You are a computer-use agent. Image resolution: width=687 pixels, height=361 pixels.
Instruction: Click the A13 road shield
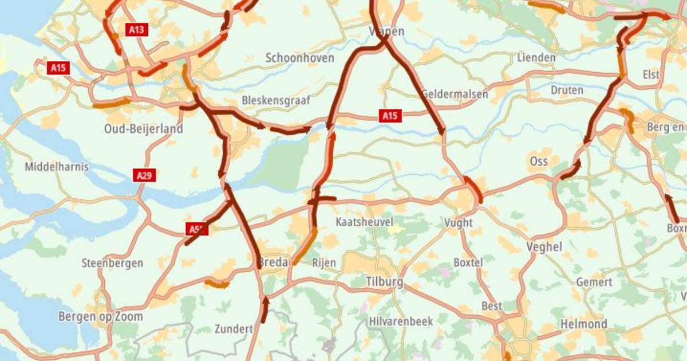tap(136, 29)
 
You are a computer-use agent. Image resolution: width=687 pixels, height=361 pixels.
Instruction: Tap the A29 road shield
tap(145, 175)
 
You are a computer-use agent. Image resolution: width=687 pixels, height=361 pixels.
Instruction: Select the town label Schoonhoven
tap(299, 58)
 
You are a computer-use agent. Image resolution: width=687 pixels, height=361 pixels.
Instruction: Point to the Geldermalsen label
tap(455, 94)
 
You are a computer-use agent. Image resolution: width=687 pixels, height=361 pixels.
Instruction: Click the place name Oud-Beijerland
tap(143, 129)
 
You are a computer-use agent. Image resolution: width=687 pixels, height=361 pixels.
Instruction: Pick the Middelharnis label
tap(57, 167)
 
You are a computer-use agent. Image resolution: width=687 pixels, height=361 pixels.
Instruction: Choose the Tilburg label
tap(384, 282)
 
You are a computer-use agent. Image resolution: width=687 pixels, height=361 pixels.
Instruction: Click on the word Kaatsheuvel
tap(365, 222)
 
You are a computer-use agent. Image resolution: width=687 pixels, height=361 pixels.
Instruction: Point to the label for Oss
tap(539, 160)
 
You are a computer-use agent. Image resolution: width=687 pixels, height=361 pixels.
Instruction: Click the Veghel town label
tap(543, 247)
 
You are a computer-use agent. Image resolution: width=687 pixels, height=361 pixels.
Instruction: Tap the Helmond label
tap(583, 324)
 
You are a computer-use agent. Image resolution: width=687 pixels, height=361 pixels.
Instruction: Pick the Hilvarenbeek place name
tap(401, 321)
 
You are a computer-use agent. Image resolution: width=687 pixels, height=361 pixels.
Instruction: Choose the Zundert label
tap(234, 329)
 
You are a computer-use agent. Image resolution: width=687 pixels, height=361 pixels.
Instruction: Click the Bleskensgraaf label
tap(276, 100)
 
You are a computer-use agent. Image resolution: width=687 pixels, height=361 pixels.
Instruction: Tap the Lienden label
tap(536, 58)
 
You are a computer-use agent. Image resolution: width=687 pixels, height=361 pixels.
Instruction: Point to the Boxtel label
tap(468, 262)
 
